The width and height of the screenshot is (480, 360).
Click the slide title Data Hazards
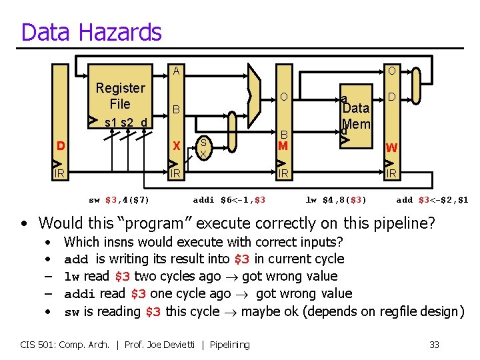91,32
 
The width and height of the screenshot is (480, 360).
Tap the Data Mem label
355,115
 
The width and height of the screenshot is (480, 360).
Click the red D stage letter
61,146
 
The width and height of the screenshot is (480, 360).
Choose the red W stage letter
392,147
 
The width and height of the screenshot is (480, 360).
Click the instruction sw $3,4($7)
119,199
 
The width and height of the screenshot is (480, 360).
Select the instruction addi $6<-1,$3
229,199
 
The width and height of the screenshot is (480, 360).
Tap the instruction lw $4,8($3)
335,199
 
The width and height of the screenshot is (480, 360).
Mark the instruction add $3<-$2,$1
432,199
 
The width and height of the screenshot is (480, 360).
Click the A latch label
176,71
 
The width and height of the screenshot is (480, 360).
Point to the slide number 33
434,345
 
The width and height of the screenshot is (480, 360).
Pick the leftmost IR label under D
59,173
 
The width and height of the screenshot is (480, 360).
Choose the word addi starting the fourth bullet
79,294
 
